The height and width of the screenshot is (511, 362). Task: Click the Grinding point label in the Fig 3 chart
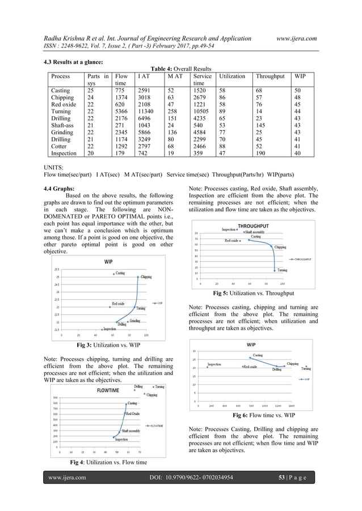point(134,321)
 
